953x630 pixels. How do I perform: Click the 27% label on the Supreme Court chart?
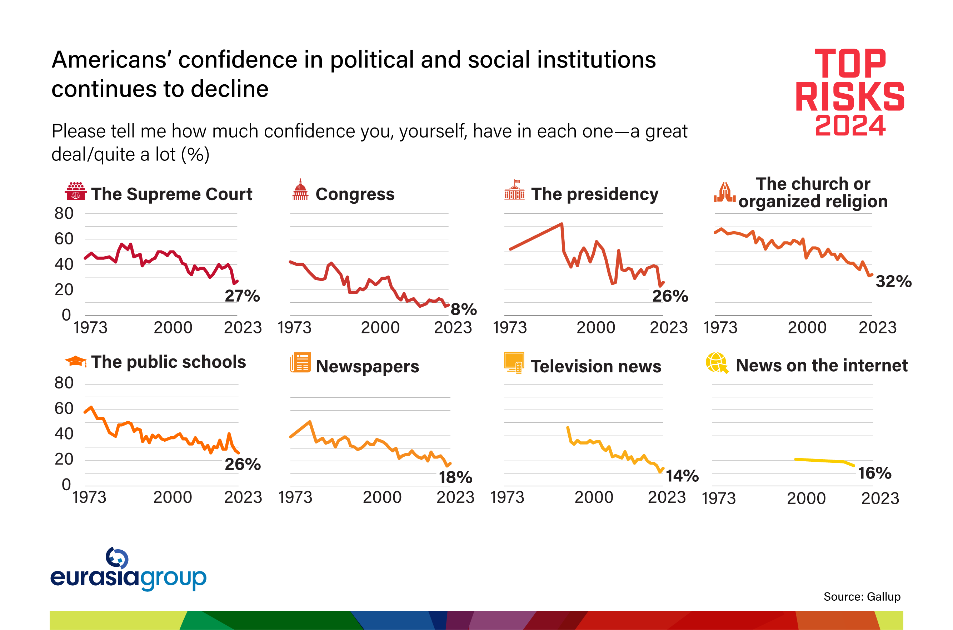pyautogui.click(x=242, y=296)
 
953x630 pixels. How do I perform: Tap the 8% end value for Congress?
pyautogui.click(x=463, y=309)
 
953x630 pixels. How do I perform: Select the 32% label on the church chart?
pyautogui.click(x=893, y=282)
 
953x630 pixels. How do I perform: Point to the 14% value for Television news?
pyautogui.click(x=682, y=476)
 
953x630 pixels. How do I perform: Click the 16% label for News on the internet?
pyautogui.click(x=874, y=473)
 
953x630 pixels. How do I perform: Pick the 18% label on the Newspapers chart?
pyautogui.click(x=455, y=478)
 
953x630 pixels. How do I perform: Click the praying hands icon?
pyautogui.click(x=724, y=193)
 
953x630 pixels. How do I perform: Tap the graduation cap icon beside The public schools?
pyautogui.click(x=75, y=361)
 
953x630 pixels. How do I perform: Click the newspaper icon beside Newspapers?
pyautogui.click(x=300, y=363)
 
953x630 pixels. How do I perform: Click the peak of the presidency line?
pyautogui.click(x=562, y=224)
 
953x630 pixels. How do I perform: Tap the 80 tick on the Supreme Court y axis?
pyautogui.click(x=64, y=213)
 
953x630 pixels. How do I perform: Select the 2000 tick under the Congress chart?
pyautogui.click(x=380, y=328)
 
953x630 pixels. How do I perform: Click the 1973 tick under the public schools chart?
pyautogui.click(x=89, y=498)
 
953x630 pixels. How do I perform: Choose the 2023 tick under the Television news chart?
pyautogui.click(x=667, y=498)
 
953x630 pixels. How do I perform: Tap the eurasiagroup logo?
pyautogui.click(x=128, y=570)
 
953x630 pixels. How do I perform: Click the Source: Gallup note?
pyautogui.click(x=862, y=597)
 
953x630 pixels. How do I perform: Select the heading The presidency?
pyautogui.click(x=594, y=194)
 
